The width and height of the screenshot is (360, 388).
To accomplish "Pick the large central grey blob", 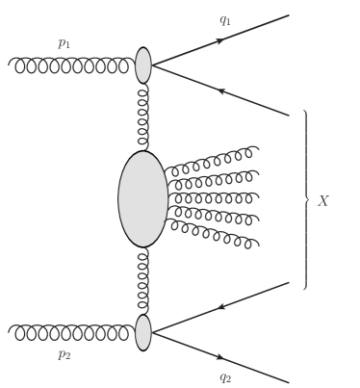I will click(141, 198).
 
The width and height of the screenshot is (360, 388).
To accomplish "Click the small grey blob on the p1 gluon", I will click(143, 65).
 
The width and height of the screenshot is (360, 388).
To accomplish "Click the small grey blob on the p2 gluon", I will click(143, 332).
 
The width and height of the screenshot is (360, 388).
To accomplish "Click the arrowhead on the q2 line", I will click(220, 357).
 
